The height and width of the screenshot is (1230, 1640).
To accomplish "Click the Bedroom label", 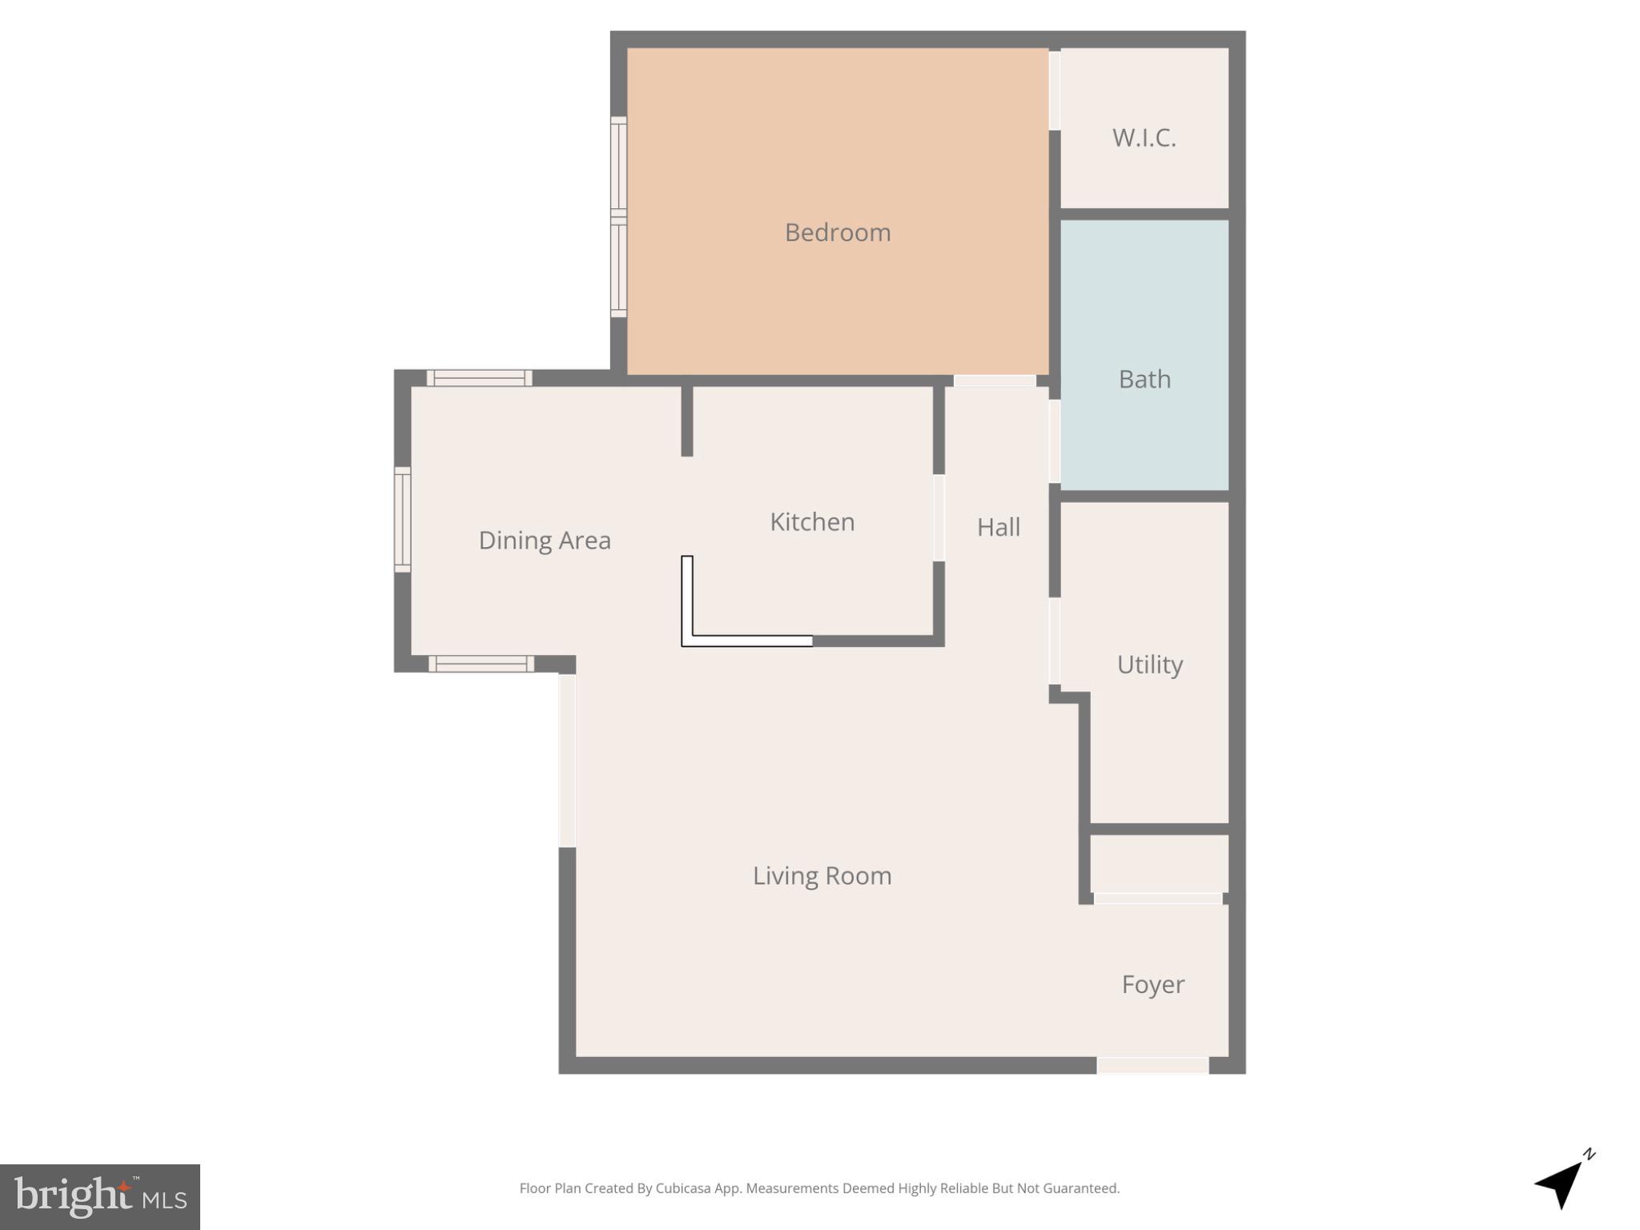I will point(837,232).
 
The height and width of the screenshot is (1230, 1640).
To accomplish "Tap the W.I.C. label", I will point(1144,138).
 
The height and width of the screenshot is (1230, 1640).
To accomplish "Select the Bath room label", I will point(1144,379).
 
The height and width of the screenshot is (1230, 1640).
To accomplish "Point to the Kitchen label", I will point(812,522).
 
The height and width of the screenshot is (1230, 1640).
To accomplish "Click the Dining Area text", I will point(545,541).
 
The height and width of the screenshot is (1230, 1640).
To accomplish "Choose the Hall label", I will point(999,527).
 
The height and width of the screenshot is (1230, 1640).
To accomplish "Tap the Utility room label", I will point(1149,665).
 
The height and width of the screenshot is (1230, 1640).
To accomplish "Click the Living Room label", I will point(822,875).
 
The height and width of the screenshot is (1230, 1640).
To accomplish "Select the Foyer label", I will point(1152,984).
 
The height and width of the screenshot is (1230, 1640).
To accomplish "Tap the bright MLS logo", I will point(100,1196).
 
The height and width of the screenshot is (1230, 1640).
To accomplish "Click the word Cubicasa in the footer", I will point(682,1188).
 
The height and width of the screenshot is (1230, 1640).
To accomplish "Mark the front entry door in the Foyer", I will point(1152,1065).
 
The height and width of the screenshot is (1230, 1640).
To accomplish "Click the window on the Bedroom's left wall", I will point(618,216).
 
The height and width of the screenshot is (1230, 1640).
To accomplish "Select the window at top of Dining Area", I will point(479,378).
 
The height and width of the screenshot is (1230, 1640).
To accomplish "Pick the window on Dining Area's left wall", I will point(402,520).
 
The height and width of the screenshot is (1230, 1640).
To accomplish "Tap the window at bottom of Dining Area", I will point(480,664).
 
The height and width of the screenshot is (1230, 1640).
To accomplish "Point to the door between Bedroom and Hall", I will point(994,381).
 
